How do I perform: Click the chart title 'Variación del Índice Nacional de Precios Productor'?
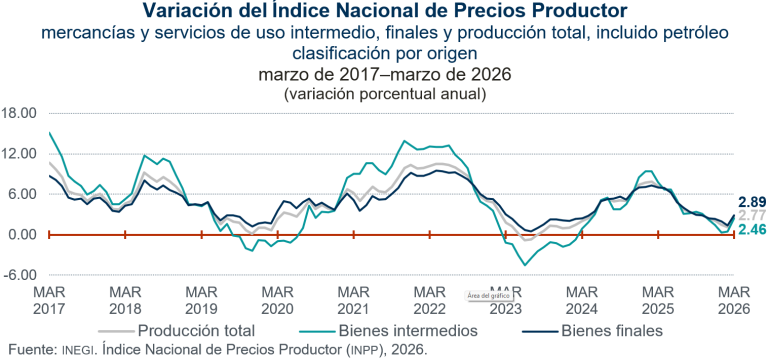pyautogui.click(x=384, y=12)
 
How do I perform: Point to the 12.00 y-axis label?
pyautogui.click(x=20, y=154)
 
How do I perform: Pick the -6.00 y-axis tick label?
pyautogui.click(x=21, y=276)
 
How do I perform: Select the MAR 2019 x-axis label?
pyautogui.click(x=201, y=299)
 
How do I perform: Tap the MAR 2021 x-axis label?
pyautogui.click(x=353, y=299)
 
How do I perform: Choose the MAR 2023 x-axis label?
pyautogui.click(x=506, y=299)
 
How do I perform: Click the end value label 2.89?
pyautogui.click(x=751, y=202)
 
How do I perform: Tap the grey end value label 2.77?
pyautogui.click(x=751, y=216)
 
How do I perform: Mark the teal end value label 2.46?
pyautogui.click(x=751, y=231)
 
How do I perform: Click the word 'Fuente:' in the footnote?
pyautogui.click(x=27, y=350)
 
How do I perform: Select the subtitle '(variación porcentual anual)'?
pyautogui.click(x=384, y=94)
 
